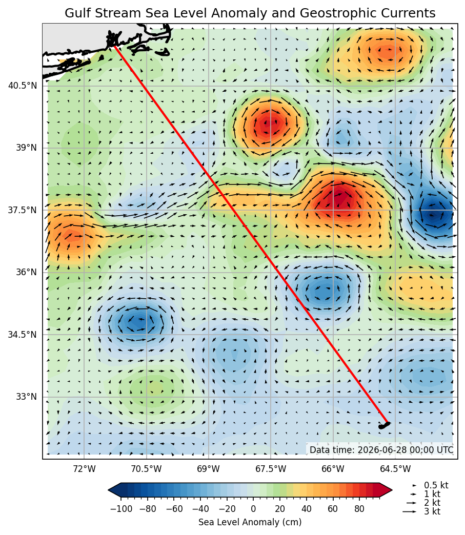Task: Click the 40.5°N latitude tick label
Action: pos(22,85)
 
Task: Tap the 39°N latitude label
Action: pos(26,148)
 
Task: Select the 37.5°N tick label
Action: pos(22,210)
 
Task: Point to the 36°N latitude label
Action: pos(26,272)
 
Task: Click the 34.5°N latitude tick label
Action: pos(22,334)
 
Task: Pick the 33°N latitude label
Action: pos(26,397)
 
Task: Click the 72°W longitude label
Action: pos(84,469)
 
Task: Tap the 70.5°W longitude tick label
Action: pos(147,469)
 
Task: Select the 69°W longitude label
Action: pos(209,469)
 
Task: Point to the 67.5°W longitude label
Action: pos(271,469)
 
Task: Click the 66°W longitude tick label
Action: pos(333,469)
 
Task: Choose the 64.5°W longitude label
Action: pos(395,469)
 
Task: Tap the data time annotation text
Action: pos(381,450)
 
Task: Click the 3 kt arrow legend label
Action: pos(432,511)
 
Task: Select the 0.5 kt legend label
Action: pos(436,485)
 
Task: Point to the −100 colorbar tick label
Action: pos(121,509)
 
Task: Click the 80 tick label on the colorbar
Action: pos(359,509)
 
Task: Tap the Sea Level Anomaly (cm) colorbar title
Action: pos(250,522)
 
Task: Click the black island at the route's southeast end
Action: pos(384,425)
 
